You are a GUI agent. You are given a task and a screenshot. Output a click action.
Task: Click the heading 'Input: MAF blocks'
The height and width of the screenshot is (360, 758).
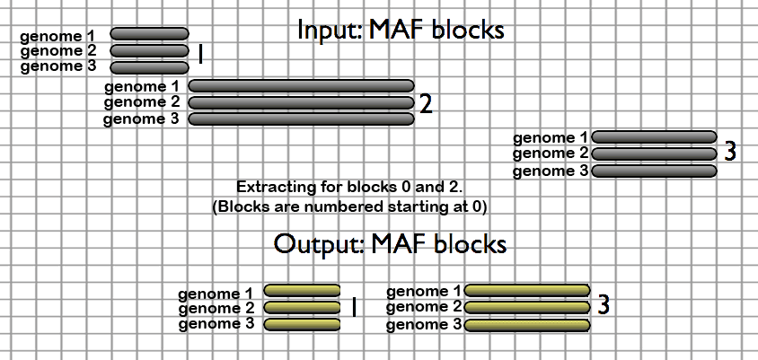[401, 31]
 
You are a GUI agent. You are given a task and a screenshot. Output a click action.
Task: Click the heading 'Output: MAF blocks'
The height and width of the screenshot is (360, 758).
[390, 243]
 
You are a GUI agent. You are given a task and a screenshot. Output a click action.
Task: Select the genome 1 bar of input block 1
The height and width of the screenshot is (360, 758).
[149, 35]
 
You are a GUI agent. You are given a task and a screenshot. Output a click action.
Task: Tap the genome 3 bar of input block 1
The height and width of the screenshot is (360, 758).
[149, 66]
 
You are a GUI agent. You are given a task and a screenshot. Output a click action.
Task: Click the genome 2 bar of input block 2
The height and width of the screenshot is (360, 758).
[302, 102]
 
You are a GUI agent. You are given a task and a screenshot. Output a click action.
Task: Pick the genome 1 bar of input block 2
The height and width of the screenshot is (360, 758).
[302, 86]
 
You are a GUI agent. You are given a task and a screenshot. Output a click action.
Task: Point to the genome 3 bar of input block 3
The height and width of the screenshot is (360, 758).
[654, 171]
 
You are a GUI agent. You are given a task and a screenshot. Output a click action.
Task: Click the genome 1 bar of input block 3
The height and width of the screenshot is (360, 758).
[654, 137]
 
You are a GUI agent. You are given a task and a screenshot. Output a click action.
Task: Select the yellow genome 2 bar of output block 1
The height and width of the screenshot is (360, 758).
[303, 307]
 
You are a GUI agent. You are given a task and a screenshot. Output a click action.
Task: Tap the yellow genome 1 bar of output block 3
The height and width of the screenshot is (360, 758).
[527, 291]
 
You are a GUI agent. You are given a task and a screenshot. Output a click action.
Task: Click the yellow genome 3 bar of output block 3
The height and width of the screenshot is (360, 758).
[527, 324]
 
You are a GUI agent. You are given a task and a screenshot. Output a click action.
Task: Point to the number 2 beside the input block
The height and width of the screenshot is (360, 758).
[426, 105]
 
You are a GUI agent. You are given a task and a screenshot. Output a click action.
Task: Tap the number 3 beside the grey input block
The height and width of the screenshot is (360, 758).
[730, 152]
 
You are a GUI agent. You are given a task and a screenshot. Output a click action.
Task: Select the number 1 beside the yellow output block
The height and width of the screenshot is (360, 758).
[353, 307]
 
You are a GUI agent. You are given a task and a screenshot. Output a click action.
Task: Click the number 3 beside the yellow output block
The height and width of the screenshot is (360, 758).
[604, 306]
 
